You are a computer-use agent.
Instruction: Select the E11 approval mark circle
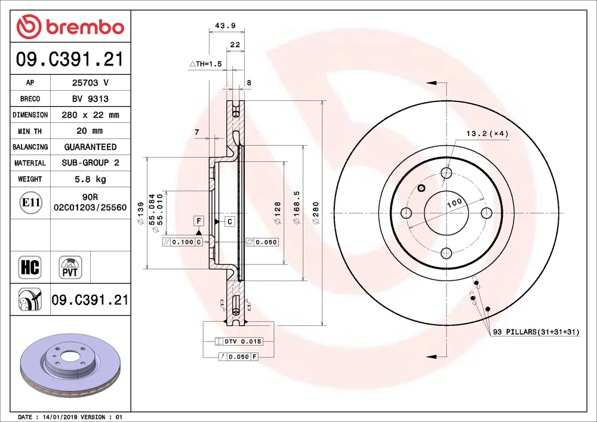(x=30, y=203)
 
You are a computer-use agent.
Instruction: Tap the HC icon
(x=30, y=267)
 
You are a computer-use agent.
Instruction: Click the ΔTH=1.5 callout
(x=205, y=63)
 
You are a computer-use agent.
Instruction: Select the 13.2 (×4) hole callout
(x=487, y=134)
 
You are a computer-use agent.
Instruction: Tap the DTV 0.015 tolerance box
(x=238, y=341)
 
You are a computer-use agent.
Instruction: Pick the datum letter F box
(x=198, y=221)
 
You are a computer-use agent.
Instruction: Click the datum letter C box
(x=229, y=221)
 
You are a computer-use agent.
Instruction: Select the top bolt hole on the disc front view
(x=447, y=173)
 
